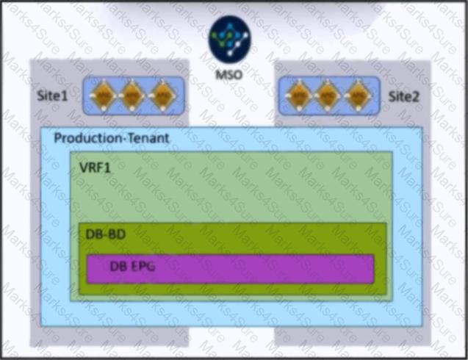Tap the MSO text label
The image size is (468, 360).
(x=229, y=74)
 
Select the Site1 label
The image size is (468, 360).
(x=52, y=96)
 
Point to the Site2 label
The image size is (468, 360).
(x=404, y=96)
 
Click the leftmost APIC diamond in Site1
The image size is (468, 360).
(x=103, y=96)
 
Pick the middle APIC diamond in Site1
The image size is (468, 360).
(x=132, y=96)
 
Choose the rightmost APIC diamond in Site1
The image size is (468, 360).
(x=162, y=96)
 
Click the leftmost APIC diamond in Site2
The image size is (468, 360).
(x=299, y=96)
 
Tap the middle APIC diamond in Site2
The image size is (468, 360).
(x=328, y=96)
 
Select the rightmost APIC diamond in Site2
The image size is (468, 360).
(x=358, y=96)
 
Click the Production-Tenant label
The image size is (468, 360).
(x=112, y=138)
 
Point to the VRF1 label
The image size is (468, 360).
(x=96, y=168)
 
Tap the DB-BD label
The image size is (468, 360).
(x=106, y=234)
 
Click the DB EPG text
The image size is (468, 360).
(x=133, y=266)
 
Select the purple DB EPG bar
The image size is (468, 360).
(x=230, y=269)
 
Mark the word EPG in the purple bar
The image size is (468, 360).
(x=143, y=266)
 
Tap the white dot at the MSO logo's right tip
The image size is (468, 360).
(x=246, y=35)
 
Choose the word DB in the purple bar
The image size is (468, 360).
(x=118, y=266)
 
